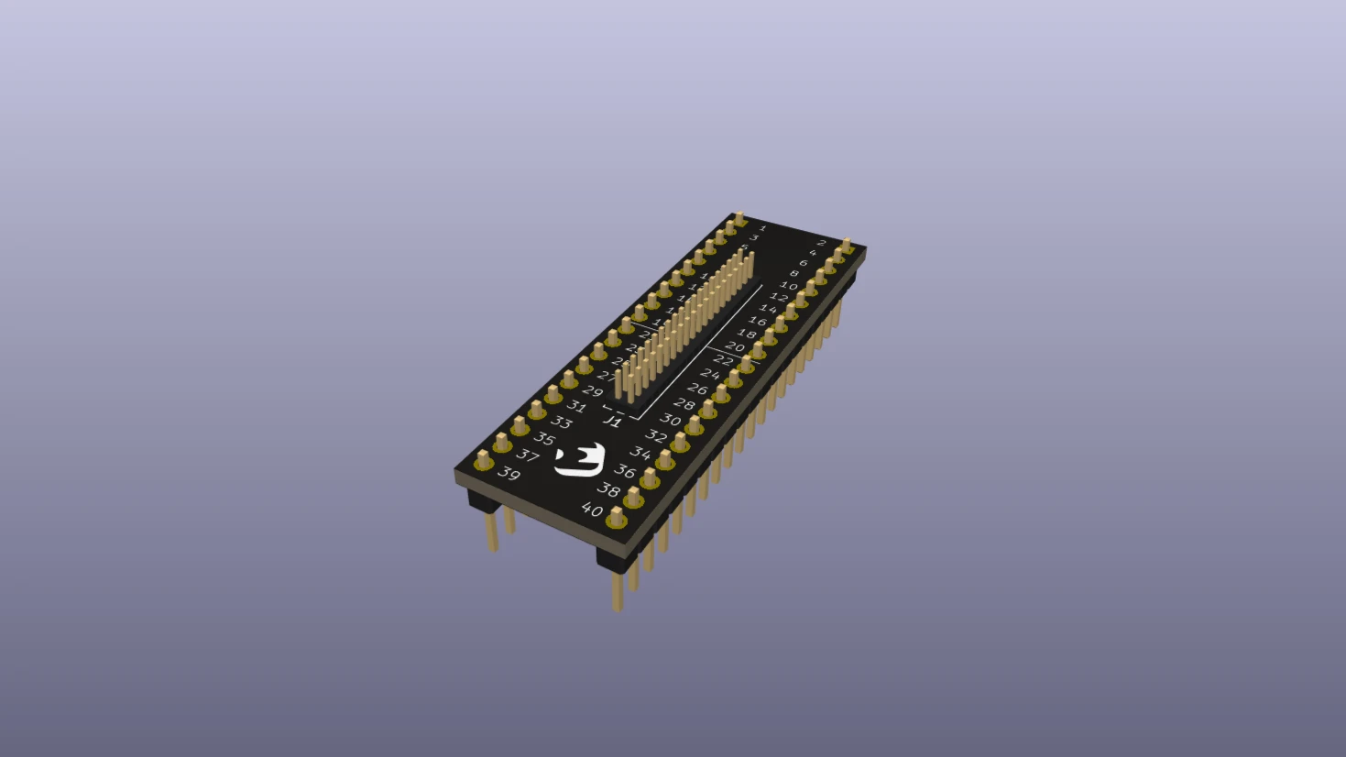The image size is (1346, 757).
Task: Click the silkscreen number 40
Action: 592,510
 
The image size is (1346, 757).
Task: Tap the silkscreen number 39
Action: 509,474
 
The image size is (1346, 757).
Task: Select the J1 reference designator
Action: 612,421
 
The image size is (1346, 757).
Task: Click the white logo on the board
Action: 580,460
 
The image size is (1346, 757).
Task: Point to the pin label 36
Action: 625,471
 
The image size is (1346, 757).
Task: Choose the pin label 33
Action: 561,422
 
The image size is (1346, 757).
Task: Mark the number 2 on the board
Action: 822,243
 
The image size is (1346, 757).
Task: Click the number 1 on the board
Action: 762,227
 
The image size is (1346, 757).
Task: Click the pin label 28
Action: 684,404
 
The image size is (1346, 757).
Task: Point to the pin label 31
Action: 576,406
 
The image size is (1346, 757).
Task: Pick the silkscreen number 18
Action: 747,335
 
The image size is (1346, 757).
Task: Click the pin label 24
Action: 709,374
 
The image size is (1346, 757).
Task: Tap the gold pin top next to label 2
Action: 846,245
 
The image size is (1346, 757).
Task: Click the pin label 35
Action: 543,439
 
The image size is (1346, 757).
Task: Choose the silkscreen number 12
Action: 778,297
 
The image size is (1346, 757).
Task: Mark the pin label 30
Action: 670,420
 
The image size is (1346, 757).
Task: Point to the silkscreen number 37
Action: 527,455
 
